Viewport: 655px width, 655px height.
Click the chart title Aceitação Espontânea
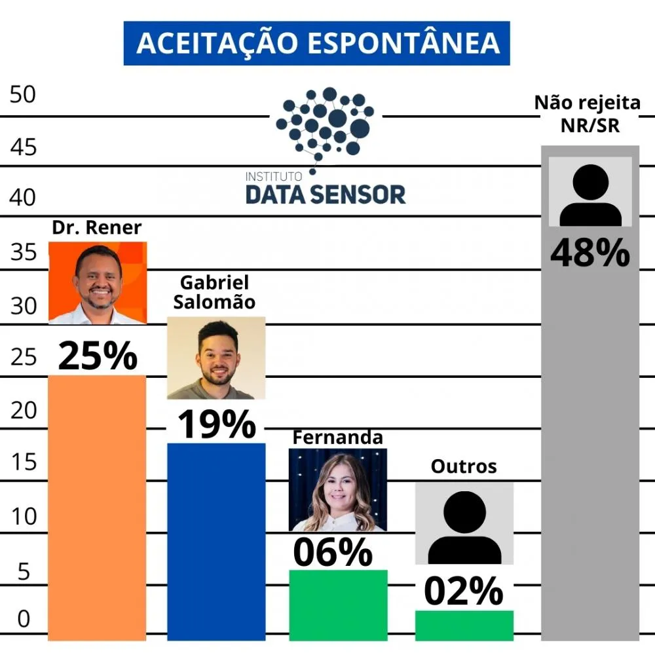tap(317, 43)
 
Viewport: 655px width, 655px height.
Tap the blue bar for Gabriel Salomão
tap(216, 540)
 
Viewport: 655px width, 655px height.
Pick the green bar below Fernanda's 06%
tap(338, 604)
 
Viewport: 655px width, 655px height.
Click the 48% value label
tap(589, 254)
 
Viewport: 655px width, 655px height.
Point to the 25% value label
tap(98, 356)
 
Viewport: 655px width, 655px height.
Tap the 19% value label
tap(216, 424)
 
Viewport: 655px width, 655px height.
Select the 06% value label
tap(333, 552)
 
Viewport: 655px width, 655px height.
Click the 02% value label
tap(464, 591)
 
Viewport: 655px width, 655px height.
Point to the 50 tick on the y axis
tap(23, 94)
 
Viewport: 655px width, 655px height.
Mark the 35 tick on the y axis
tap(23, 252)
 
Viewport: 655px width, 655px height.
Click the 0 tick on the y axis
tap(23, 619)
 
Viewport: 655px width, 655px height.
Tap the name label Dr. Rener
tap(97, 228)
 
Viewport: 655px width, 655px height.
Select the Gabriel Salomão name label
tap(215, 293)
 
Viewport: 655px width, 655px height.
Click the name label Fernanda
tap(337, 438)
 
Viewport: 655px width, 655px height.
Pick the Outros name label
tap(464, 466)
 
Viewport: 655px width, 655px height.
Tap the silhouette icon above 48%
tap(590, 194)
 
